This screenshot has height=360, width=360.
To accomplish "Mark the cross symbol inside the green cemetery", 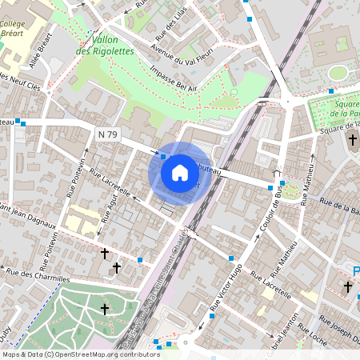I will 104,309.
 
